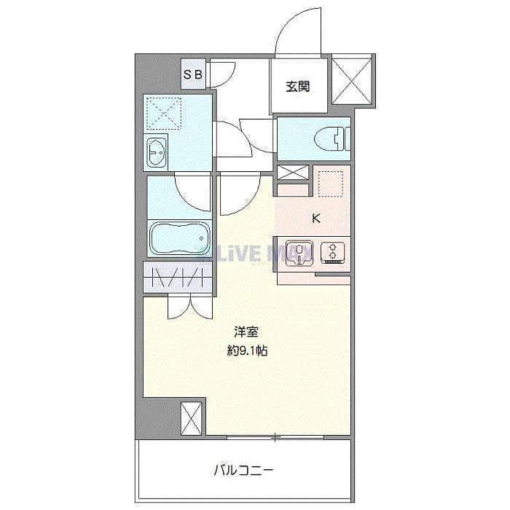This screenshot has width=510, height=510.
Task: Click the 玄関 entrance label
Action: point(297,87)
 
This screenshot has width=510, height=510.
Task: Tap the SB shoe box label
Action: point(193,74)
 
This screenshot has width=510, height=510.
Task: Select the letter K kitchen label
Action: point(315,217)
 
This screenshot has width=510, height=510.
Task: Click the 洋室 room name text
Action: point(246,331)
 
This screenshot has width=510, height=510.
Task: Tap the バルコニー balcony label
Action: point(243,470)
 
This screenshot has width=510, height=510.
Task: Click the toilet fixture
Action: point(335,138)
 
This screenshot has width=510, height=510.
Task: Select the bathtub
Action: point(179,238)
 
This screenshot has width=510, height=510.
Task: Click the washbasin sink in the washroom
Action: point(157,152)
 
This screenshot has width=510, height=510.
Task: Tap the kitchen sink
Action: point(299,251)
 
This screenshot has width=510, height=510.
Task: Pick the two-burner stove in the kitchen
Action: point(332,251)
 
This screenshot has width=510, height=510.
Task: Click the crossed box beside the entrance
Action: point(352,79)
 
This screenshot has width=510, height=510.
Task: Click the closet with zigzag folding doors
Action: point(178,278)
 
